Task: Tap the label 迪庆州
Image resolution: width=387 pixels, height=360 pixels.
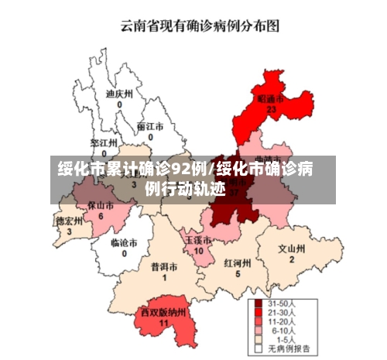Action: tap(119, 93)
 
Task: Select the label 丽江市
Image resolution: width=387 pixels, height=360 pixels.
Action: tap(150, 125)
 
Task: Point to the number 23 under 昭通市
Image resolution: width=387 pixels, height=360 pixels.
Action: tap(271, 111)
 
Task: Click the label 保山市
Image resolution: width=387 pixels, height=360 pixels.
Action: tap(101, 206)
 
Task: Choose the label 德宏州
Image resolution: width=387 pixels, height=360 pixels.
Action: tap(69, 220)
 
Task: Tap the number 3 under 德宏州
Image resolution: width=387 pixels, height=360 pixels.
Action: tap(69, 231)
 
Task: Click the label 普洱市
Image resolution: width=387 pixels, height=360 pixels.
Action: tap(164, 266)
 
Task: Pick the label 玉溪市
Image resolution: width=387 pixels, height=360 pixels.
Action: tap(198, 240)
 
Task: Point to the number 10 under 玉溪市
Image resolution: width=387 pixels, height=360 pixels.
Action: tap(198, 251)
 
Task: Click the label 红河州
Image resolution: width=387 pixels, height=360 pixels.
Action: tap(238, 262)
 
